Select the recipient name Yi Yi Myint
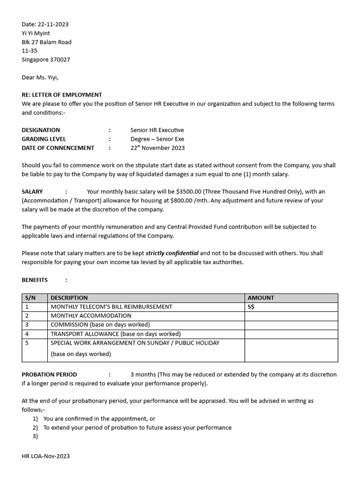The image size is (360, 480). [36, 33]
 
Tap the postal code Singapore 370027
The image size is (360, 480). [46, 60]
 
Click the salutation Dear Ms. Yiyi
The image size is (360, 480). [40, 77]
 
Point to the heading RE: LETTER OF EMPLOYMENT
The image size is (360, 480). [61, 95]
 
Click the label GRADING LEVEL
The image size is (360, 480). [44, 139]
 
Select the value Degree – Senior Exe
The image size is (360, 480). [157, 139]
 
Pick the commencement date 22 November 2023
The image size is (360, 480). [157, 148]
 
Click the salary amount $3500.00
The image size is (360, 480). [189, 191]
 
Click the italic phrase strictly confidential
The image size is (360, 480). [172, 253]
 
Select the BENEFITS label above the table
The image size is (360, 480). [35, 280]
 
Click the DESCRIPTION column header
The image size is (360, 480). [69, 298]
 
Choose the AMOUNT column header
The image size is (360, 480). [261, 298]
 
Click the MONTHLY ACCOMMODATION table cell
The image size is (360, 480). [91, 315]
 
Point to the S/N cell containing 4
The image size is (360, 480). [27, 334]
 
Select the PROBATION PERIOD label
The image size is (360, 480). [49, 375]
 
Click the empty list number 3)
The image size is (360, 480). [35, 436]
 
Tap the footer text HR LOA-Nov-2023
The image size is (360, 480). [45, 456]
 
